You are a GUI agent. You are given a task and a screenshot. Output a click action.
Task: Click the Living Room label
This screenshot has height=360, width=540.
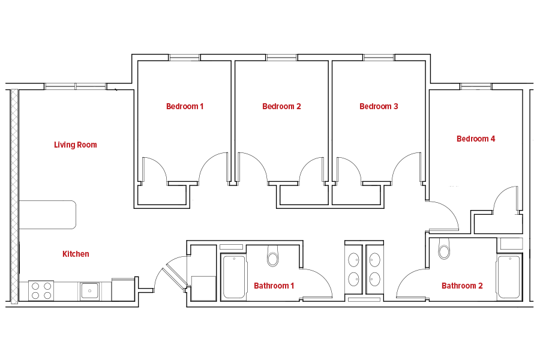[76, 145]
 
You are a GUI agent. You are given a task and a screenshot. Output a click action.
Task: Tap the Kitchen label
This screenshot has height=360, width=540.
[76, 254]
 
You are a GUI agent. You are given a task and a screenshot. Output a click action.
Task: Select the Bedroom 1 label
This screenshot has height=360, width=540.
[185, 106]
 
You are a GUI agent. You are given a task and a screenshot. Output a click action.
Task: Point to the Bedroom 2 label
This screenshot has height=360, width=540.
[282, 106]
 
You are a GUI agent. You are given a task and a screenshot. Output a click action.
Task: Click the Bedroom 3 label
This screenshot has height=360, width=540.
[379, 106]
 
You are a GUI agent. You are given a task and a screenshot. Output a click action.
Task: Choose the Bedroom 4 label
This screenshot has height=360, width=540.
[476, 139]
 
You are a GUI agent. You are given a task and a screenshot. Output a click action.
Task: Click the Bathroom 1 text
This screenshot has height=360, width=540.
[274, 286]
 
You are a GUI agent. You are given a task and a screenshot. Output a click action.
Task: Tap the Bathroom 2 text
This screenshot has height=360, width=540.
[462, 286]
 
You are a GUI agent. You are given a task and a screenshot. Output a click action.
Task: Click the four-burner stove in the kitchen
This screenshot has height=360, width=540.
[41, 291]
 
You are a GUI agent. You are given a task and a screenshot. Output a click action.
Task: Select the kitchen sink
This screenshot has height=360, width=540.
[90, 291]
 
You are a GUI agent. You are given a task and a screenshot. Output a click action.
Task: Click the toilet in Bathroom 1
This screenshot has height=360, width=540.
[273, 255]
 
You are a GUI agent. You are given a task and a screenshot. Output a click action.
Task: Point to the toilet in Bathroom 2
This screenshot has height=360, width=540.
[444, 248]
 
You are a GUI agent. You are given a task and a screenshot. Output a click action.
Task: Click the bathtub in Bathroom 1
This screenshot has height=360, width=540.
[234, 278]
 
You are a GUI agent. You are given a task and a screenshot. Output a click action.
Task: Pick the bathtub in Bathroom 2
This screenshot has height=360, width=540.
[509, 277]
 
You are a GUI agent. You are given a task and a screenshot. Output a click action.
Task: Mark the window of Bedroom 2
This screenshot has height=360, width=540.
[282, 58]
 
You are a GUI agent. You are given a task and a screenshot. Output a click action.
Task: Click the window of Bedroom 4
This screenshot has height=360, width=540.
[476, 86]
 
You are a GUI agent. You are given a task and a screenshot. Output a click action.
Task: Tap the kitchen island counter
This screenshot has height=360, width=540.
[47, 215]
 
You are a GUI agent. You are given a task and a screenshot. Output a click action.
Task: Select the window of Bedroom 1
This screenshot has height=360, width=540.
[185, 58]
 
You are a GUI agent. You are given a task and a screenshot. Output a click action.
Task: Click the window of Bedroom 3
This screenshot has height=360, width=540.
[379, 58]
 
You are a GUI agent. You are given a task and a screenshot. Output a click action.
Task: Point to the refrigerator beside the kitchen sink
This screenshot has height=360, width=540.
[123, 289]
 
